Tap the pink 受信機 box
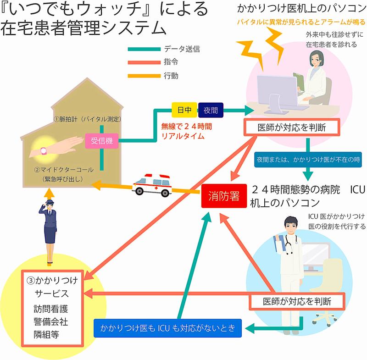[102, 141]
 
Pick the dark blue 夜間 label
[210, 110]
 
